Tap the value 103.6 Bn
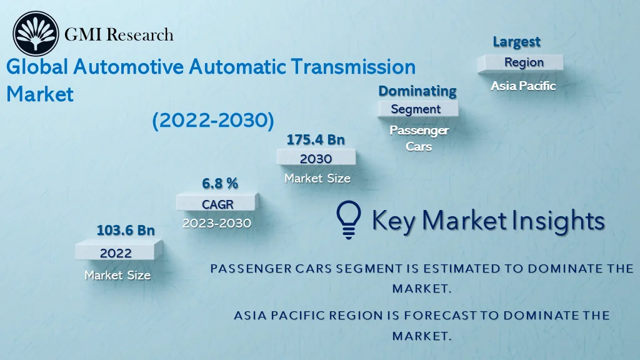125,230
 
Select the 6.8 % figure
219,183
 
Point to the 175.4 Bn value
316,139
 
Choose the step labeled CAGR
216,204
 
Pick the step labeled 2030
316,159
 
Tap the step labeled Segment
416,109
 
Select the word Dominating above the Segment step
417,91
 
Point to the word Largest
517,42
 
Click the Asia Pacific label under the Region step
523,86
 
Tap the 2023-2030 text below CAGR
216,223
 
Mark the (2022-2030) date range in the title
213,121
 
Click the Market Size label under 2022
117,274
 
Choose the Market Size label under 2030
317,178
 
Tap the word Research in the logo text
140,34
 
